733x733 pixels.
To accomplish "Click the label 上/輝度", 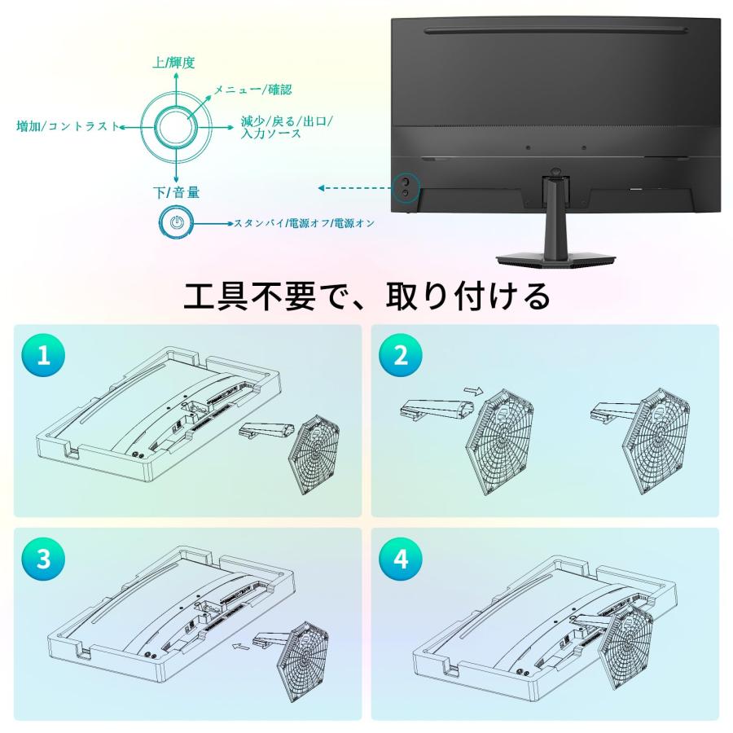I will point(173,63).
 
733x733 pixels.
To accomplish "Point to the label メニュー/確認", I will point(252,90).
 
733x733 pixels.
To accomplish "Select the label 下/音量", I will point(176,192).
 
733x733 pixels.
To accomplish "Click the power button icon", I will point(176,222).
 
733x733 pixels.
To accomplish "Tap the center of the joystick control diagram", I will point(176,127).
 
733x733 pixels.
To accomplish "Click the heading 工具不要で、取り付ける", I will point(366,296).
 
